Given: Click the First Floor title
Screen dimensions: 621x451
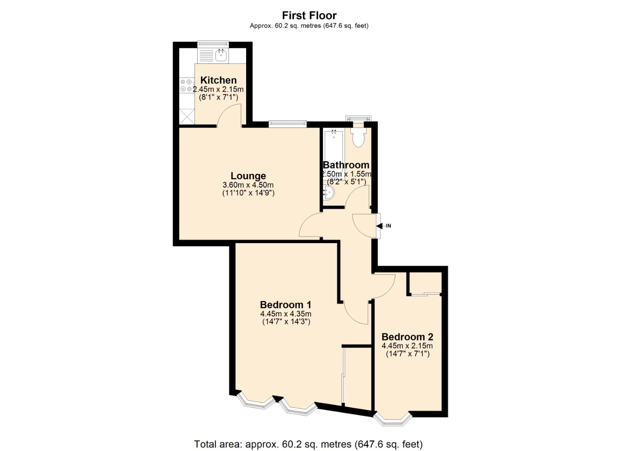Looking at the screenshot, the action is (309, 15).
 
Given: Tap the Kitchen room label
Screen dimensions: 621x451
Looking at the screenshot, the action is (218, 80).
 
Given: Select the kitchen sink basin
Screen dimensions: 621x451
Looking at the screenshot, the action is (221, 55).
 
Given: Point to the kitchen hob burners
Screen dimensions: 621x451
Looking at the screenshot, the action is (186, 85).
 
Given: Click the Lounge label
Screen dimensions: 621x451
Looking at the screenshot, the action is (248, 176).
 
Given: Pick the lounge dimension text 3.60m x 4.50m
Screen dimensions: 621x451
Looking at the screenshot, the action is (248, 185).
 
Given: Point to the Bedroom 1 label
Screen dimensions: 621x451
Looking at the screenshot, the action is (285, 305).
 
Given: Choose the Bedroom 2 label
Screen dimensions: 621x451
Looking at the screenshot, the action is (407, 337).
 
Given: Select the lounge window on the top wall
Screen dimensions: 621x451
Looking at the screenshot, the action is (288, 124).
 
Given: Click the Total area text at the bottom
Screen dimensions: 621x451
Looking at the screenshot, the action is (308, 444).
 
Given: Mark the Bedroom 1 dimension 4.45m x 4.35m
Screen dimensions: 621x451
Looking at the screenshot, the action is (285, 314).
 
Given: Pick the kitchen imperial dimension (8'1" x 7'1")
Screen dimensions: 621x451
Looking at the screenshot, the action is (218, 97).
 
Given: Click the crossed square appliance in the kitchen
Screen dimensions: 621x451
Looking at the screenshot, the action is (187, 117).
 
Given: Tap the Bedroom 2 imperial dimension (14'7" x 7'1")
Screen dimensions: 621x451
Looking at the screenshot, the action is (408, 354).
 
